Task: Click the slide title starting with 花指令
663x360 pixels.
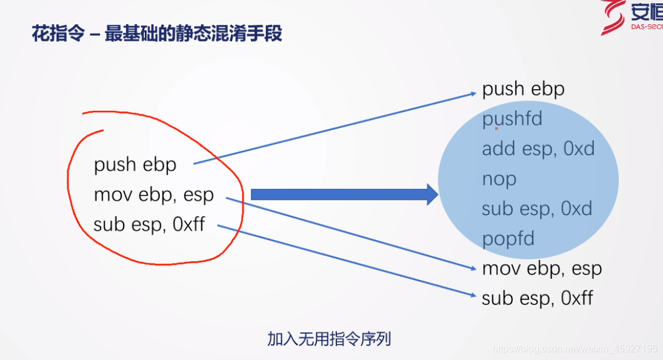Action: (x=157, y=34)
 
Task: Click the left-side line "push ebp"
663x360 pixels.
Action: (x=135, y=165)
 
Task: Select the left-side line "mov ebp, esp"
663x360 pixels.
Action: (x=154, y=195)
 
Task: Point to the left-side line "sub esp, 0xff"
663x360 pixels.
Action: (x=149, y=225)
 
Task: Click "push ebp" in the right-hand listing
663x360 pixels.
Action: (x=523, y=90)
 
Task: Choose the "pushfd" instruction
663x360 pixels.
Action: (x=512, y=119)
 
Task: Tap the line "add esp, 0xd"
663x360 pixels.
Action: (x=538, y=149)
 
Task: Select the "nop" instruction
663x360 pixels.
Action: (x=499, y=179)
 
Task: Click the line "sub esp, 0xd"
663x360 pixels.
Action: (x=537, y=209)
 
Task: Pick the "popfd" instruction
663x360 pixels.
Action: (x=508, y=239)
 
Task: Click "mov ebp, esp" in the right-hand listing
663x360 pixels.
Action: (x=542, y=268)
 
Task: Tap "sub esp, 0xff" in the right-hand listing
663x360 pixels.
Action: (x=537, y=298)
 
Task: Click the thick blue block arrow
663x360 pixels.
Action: (x=344, y=195)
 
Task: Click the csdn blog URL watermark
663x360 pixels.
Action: (x=575, y=349)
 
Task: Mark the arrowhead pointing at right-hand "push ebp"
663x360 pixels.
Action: (x=474, y=93)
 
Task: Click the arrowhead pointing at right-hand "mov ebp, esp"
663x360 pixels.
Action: (x=474, y=268)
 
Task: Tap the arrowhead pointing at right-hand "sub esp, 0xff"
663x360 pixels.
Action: (x=474, y=296)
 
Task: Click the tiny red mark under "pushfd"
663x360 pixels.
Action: (x=496, y=128)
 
